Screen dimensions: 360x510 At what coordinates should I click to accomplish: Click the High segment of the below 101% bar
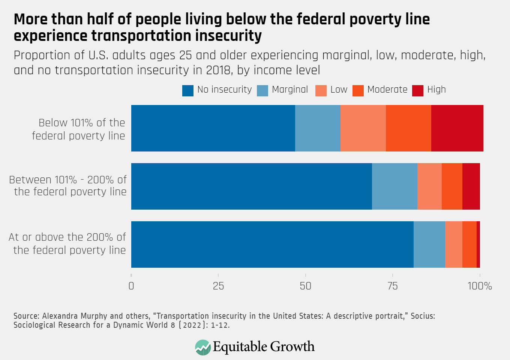click(457, 128)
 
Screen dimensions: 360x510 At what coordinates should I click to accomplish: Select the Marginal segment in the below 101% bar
click(318, 128)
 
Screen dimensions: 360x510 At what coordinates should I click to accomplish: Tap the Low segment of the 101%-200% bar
click(429, 186)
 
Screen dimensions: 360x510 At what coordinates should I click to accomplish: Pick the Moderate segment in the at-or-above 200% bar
click(469, 244)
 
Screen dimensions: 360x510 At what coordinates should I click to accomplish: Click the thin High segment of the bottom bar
click(478, 244)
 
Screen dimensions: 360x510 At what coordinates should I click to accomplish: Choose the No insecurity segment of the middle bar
click(251, 186)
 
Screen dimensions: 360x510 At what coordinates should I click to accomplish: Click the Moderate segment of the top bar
click(408, 128)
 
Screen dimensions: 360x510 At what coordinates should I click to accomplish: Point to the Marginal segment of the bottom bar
click(429, 244)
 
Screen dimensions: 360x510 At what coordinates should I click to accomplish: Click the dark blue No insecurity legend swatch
click(187, 90)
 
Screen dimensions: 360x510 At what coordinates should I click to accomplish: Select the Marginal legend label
click(289, 90)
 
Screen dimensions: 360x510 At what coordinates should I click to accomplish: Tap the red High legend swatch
click(417, 90)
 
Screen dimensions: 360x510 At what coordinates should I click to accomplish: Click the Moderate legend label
click(387, 90)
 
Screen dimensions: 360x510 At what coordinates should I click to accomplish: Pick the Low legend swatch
click(321, 90)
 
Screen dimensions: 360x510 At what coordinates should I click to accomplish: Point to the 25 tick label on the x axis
click(218, 286)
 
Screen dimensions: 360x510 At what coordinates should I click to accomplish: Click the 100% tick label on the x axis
click(480, 286)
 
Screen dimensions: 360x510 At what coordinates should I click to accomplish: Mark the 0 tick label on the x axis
click(131, 286)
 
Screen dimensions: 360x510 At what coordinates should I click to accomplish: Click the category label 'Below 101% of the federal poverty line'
click(79, 129)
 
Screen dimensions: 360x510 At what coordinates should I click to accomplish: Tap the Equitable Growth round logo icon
click(203, 347)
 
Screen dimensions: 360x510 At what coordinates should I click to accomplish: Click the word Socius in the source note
click(423, 316)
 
